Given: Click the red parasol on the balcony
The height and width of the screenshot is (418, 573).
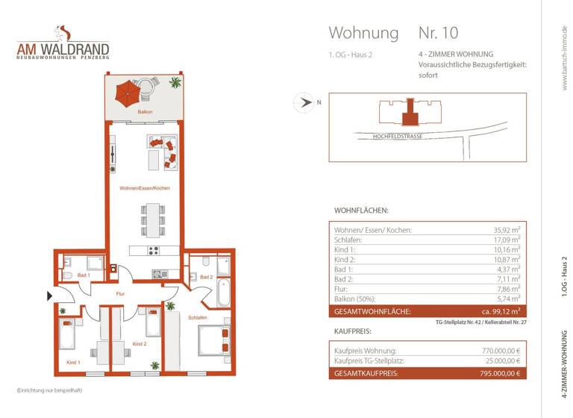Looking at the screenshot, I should (128, 93).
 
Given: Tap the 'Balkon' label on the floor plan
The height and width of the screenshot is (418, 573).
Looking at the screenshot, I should (145, 111).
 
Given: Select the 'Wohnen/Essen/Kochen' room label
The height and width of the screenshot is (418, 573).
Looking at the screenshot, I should (145, 188).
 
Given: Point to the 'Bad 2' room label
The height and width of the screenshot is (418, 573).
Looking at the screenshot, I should (207, 277).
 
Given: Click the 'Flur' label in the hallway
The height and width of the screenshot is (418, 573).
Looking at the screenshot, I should (119, 294).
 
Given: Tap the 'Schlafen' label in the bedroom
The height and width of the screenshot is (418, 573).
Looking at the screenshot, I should (197, 317).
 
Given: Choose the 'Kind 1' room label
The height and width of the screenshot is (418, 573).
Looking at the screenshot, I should (73, 362).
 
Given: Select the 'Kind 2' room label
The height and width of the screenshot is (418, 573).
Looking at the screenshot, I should (139, 344).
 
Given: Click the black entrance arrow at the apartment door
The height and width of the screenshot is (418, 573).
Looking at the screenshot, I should (50, 296).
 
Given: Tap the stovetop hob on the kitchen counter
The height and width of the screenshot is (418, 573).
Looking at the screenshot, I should (154, 252).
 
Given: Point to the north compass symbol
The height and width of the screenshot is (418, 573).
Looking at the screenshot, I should (304, 102).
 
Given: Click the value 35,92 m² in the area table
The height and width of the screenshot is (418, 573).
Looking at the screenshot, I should (506, 230).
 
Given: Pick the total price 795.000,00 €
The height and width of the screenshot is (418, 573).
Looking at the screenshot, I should (497, 373).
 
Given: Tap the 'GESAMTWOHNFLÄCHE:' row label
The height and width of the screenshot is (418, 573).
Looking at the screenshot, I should (372, 311).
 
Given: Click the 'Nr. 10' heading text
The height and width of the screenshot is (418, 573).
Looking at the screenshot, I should (438, 33).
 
